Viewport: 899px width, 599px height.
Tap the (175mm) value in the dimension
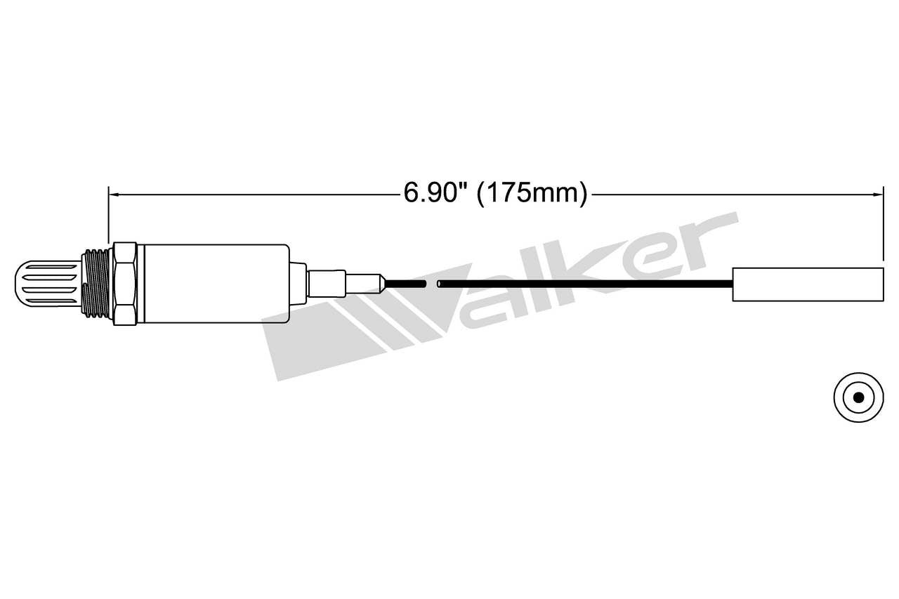coord(532,192)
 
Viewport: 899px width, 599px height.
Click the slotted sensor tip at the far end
coord(46,284)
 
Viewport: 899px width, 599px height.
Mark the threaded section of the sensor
coord(96,284)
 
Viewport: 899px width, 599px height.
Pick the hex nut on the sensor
coord(124,284)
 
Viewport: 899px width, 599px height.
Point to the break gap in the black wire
coord(432,284)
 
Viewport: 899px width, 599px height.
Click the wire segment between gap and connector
coord(583,284)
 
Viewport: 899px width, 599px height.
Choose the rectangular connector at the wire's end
coord(807,284)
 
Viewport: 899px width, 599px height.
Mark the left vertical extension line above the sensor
coord(107,214)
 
